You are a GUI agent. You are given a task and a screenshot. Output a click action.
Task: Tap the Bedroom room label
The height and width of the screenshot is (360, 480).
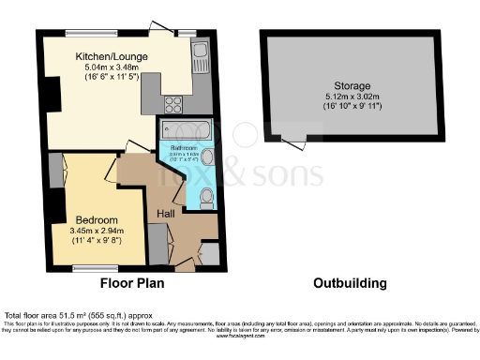[x=92, y=219]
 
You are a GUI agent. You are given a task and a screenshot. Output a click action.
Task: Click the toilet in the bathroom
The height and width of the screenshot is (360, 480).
[x=207, y=196]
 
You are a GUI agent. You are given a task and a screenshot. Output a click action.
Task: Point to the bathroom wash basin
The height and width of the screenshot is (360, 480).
[x=208, y=158]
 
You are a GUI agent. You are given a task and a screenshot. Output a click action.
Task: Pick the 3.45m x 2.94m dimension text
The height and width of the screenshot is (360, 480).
[x=92, y=231]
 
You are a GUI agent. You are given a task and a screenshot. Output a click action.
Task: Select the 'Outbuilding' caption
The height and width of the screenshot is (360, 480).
[x=348, y=281]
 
